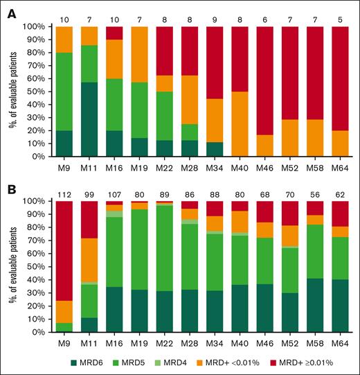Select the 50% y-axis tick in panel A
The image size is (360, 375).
pyautogui.click(x=40, y=91)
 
